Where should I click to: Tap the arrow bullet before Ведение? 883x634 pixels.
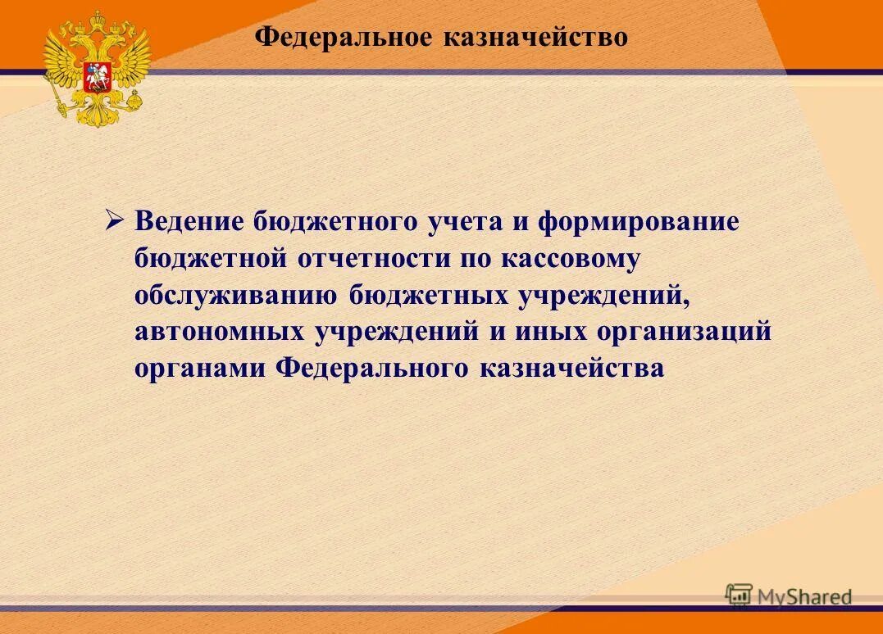click(115, 220)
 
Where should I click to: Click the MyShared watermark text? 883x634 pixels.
click(804, 597)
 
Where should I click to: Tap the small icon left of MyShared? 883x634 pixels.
click(739, 596)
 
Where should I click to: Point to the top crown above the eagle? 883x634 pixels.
click(97, 17)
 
